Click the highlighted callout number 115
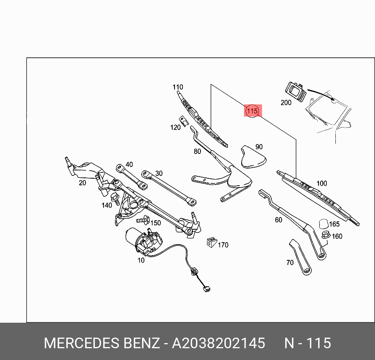tap(252, 111)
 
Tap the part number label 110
tap(178, 87)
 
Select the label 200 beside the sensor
tap(286, 102)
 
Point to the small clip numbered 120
tap(182, 119)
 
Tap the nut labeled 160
tap(325, 235)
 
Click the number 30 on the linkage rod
tap(158, 173)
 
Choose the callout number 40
tap(129, 164)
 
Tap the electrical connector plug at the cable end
tap(207, 290)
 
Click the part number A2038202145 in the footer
tap(218, 343)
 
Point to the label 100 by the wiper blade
tap(321, 183)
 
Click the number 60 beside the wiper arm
tap(279, 220)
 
